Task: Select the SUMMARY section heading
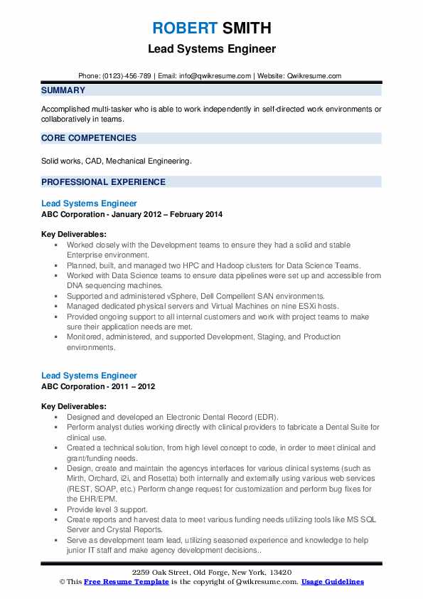click(x=63, y=90)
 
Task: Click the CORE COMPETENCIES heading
click(x=89, y=138)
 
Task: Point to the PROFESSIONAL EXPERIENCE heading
click(x=103, y=182)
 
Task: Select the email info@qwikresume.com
click(x=215, y=75)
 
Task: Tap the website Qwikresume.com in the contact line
click(x=315, y=75)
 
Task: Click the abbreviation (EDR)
click(x=267, y=417)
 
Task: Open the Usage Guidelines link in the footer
click(x=333, y=582)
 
